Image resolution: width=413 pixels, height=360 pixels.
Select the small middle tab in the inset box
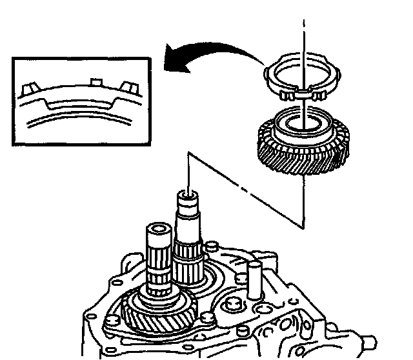click(96, 82)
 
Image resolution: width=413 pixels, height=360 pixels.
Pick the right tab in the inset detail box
click(125, 86)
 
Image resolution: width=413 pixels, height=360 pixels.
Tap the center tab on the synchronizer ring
click(302, 95)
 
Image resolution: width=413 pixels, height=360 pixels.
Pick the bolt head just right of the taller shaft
click(210, 246)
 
